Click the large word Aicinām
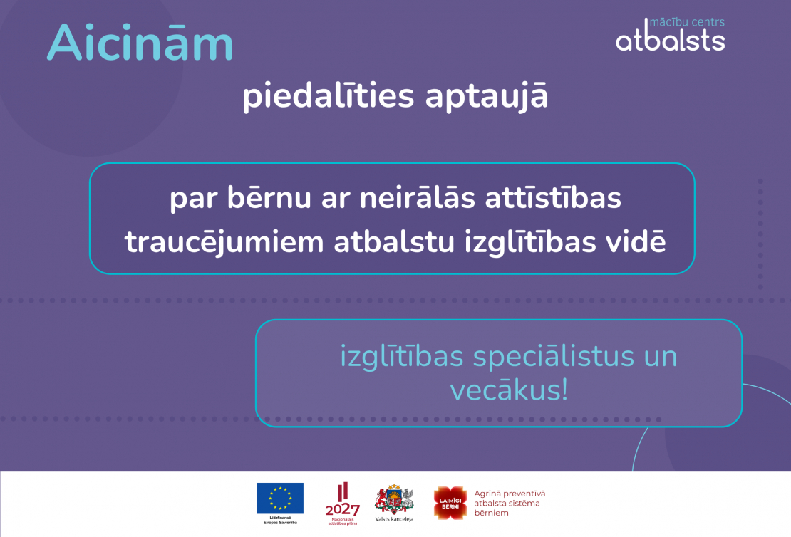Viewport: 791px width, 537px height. pyautogui.click(x=140, y=43)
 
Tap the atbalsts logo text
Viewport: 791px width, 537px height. pyautogui.click(x=670, y=40)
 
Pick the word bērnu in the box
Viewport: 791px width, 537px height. pyautogui.click(x=259, y=199)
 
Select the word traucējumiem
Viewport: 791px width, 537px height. pyautogui.click(x=224, y=242)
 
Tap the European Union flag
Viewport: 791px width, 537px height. pyautogui.click(x=280, y=498)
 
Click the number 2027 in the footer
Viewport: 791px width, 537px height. pyautogui.click(x=342, y=510)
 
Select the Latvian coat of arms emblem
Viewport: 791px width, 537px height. pyautogui.click(x=394, y=499)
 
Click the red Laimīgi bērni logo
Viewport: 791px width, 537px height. pyautogui.click(x=450, y=503)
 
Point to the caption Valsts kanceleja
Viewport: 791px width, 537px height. pyautogui.click(x=394, y=519)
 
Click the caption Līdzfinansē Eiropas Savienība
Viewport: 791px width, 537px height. pyautogui.click(x=280, y=521)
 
